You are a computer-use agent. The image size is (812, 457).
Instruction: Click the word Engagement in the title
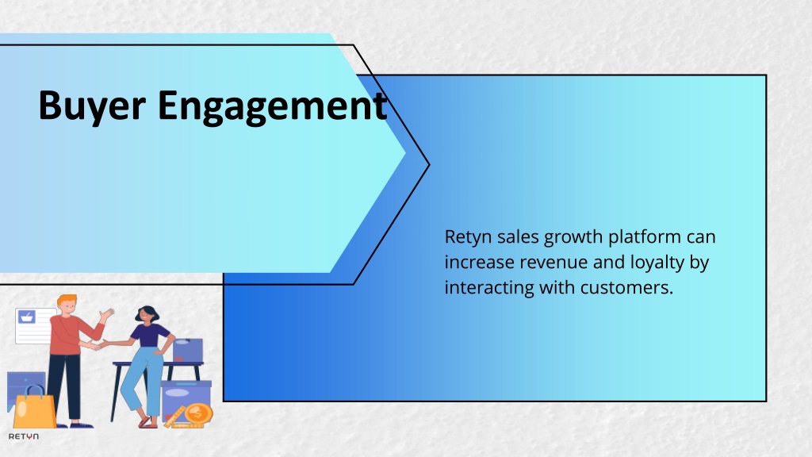[273, 107]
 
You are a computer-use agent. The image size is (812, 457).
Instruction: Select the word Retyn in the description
[468, 237]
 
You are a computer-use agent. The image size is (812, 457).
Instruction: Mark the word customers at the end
[626, 287]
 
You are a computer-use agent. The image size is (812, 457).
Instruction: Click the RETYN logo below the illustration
[24, 436]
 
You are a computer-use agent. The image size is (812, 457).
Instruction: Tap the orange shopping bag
[33, 407]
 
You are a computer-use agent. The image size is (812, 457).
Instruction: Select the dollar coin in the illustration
[198, 414]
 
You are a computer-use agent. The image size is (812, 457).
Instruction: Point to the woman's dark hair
[147, 312]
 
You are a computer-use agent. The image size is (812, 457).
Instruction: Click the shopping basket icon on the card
[27, 317]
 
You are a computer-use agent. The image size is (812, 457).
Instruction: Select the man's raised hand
[107, 314]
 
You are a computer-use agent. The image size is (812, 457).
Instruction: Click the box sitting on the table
[187, 350]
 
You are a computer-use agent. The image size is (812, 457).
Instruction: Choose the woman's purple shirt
[150, 336]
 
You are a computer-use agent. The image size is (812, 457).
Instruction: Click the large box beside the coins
[186, 398]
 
